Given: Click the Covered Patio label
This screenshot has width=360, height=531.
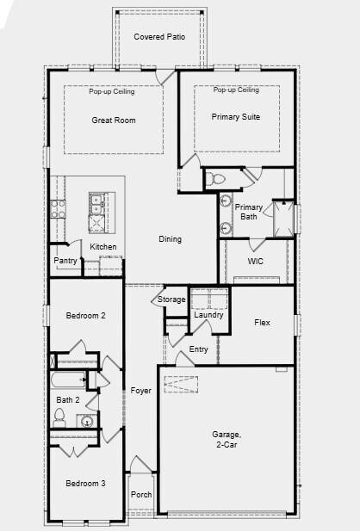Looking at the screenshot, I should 159,38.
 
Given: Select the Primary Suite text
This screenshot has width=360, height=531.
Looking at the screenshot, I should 236,117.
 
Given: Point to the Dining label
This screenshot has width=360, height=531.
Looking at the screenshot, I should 170,239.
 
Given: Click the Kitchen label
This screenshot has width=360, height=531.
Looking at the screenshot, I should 103,247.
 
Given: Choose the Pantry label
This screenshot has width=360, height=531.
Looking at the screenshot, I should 66,261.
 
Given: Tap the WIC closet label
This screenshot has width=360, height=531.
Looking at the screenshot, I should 256,261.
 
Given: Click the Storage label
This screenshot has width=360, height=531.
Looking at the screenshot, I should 171,299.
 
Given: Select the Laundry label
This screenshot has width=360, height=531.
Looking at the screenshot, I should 208,315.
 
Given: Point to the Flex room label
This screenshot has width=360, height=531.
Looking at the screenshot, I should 263,323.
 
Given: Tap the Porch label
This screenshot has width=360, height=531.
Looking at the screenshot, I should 140,496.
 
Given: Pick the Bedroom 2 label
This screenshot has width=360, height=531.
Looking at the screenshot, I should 86,316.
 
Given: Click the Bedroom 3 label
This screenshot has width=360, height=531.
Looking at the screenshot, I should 86,484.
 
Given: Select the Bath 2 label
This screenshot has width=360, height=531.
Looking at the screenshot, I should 69,400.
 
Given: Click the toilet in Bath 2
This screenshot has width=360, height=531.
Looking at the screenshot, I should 60,419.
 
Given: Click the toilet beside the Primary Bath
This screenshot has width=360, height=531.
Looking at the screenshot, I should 215,180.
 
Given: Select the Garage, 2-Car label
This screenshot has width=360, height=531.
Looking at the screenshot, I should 227,440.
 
